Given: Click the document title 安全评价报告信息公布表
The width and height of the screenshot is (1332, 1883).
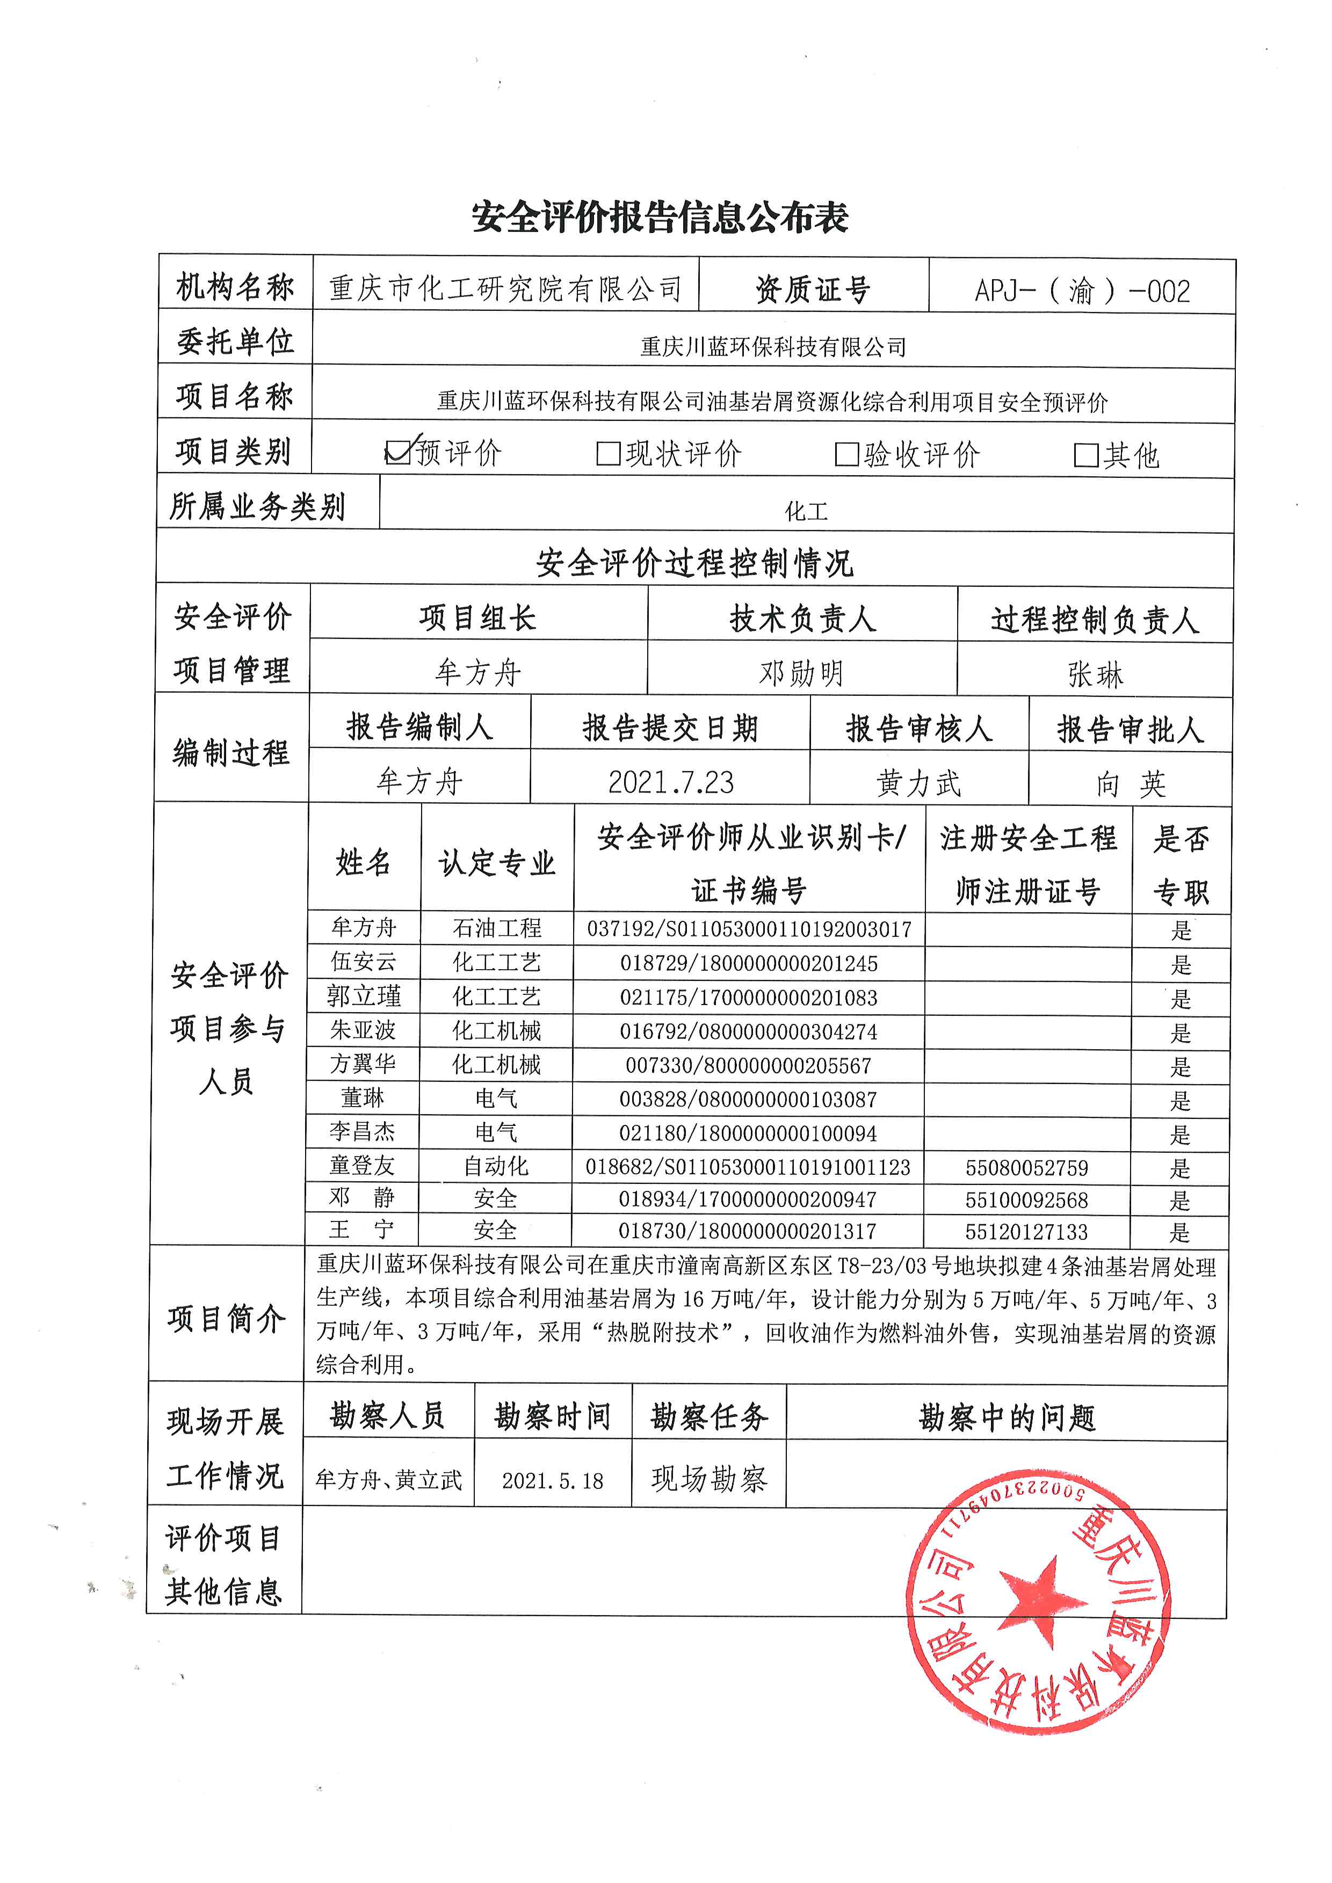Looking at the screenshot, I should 660,217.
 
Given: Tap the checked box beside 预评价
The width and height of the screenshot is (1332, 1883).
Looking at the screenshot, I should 398,452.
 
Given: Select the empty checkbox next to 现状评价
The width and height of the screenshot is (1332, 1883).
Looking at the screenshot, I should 608,454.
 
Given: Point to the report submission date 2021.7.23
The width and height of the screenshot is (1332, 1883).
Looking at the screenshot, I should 670,782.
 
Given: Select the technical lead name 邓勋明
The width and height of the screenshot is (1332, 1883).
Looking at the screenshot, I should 801,673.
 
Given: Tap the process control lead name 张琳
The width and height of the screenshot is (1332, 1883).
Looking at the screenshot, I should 1095,675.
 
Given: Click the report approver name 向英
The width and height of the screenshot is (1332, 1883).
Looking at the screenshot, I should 1130,784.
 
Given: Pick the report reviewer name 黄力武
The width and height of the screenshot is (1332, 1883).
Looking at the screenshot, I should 918,783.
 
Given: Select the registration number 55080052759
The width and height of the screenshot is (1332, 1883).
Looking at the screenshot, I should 1027,1167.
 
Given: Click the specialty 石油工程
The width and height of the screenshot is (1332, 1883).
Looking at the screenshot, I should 497,928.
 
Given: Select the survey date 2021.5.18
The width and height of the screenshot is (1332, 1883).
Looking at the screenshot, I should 553,1480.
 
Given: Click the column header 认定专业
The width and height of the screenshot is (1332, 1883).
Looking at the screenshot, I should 497,863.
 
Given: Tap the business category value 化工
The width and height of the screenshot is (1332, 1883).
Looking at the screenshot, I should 806,512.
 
